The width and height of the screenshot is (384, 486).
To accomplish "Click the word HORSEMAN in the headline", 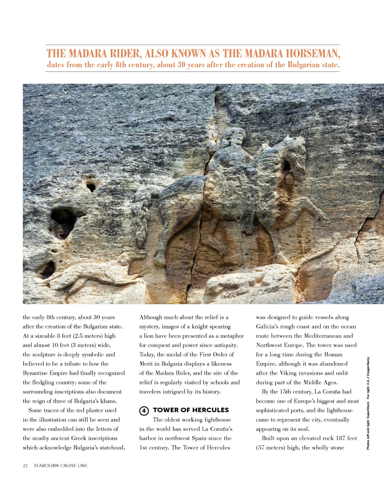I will click(x=313, y=54).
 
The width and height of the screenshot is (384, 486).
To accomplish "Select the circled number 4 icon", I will click(x=144, y=411).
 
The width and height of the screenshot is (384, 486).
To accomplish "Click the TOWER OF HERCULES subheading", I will click(x=191, y=410).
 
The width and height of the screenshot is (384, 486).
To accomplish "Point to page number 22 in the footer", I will click(x=25, y=465).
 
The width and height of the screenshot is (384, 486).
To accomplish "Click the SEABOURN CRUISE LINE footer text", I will click(x=61, y=465).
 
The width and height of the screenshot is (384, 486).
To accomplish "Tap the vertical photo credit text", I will click(x=368, y=403).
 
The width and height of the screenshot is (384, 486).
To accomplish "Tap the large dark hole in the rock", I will click(x=63, y=222).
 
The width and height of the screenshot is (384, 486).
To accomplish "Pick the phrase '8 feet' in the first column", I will click(x=64, y=336).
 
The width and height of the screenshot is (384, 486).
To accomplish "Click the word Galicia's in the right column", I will click(x=268, y=327).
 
